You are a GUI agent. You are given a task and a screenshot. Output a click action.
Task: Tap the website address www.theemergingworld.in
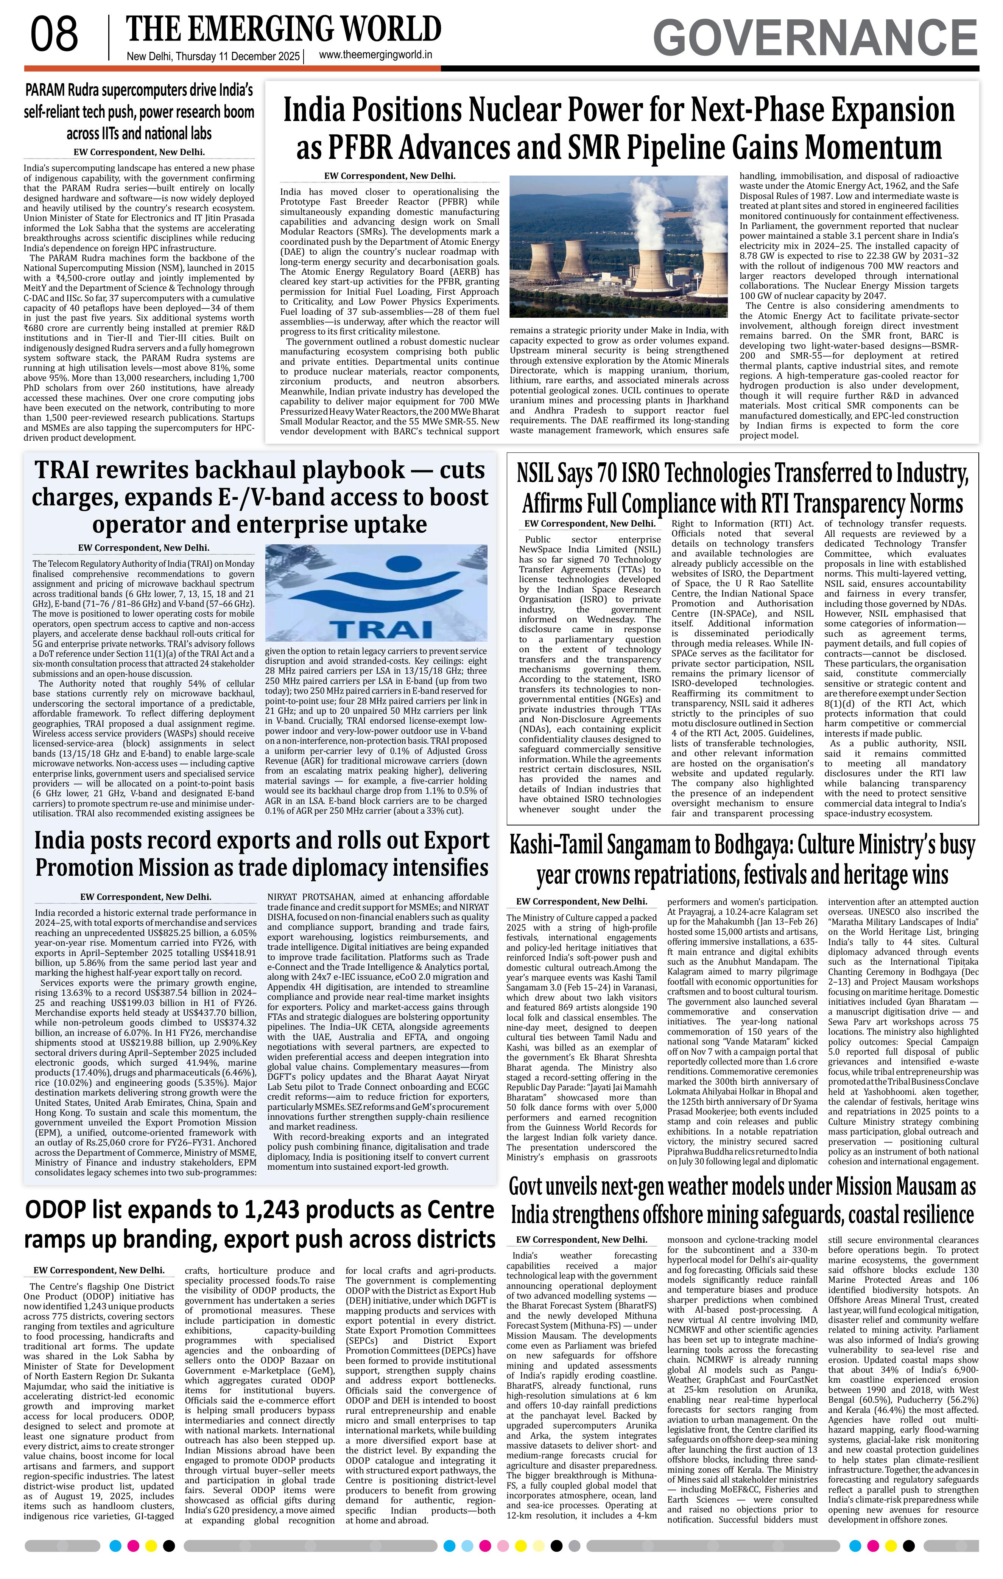point(375,55)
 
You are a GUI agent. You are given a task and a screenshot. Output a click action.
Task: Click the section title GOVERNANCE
point(815,37)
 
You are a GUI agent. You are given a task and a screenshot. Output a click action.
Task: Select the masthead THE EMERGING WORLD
point(283,30)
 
